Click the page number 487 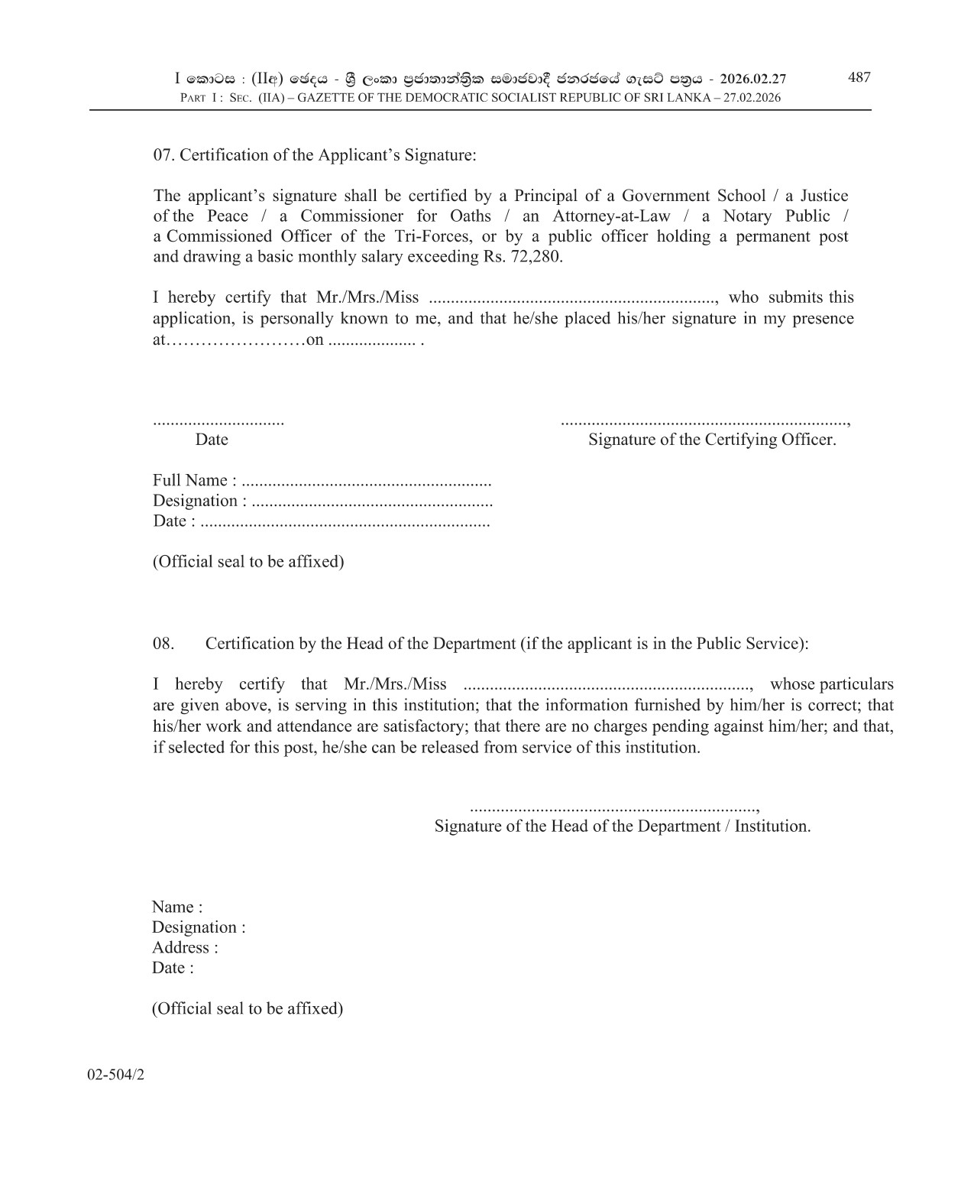859,77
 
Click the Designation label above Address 199,927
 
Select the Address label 185,948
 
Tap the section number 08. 163,644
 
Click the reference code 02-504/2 116,1074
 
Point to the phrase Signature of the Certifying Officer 712,440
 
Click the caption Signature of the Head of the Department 622,826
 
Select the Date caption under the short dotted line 212,440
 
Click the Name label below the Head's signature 177,907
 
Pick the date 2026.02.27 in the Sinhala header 753,79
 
